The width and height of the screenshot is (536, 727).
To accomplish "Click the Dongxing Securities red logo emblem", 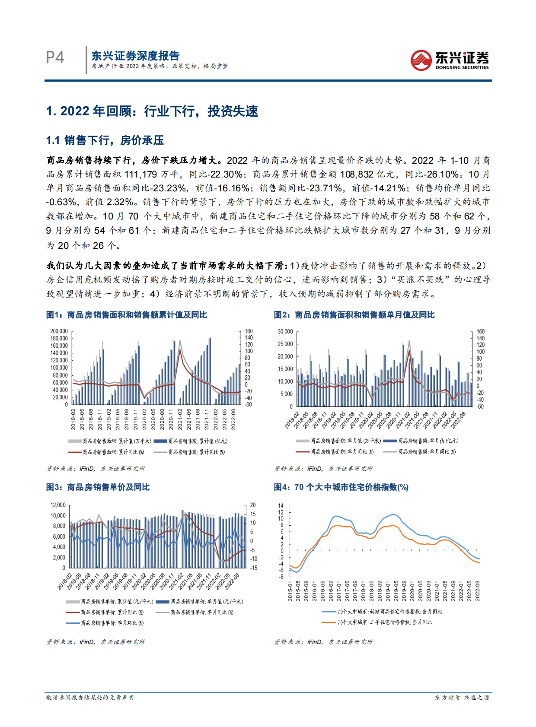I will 421,60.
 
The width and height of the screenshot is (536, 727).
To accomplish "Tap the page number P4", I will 55,57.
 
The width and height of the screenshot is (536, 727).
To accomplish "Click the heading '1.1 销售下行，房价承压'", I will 105,140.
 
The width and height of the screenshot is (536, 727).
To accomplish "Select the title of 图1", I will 127,315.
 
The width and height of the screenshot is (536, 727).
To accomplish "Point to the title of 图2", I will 354,315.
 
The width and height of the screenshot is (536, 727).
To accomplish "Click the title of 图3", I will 98,487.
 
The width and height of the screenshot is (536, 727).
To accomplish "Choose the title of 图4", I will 341,487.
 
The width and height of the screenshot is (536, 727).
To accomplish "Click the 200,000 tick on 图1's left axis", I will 59,331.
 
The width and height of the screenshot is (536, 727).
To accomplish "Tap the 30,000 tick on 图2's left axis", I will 285,332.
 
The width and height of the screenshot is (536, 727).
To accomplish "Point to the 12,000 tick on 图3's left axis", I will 58,505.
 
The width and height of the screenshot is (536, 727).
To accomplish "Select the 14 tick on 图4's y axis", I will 281,506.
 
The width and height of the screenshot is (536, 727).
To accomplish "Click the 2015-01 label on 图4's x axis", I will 290,590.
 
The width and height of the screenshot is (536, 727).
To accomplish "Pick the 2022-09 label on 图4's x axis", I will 478,590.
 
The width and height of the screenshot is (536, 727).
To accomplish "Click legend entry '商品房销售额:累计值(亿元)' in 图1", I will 197,441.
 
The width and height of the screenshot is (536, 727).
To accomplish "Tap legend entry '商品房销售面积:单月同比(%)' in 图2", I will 342,452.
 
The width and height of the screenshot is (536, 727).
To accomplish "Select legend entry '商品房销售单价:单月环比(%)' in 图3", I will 112,623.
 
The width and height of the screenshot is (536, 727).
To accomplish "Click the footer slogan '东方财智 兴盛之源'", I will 462,698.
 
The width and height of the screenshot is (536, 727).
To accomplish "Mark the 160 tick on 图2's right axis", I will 481,332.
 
